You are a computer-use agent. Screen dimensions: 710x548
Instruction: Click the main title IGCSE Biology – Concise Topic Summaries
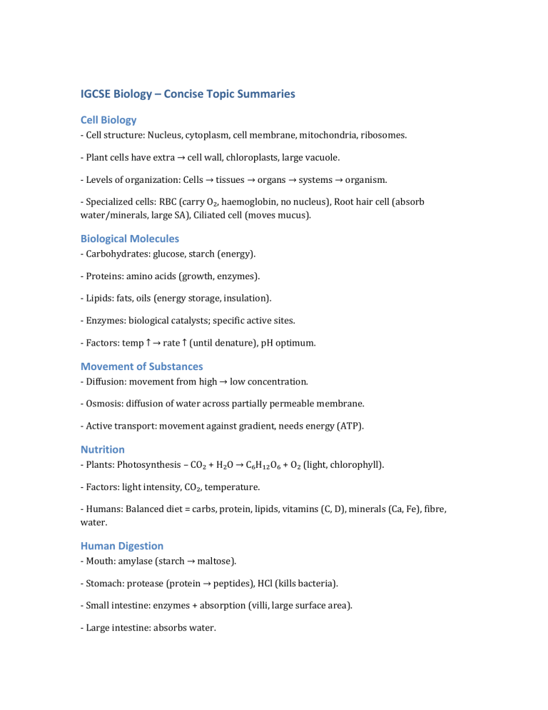coord(187,94)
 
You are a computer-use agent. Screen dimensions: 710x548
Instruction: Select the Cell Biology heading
coord(108,120)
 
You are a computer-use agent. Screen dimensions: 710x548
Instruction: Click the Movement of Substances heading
coord(141,366)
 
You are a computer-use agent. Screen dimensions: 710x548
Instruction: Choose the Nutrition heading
coord(102,449)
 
